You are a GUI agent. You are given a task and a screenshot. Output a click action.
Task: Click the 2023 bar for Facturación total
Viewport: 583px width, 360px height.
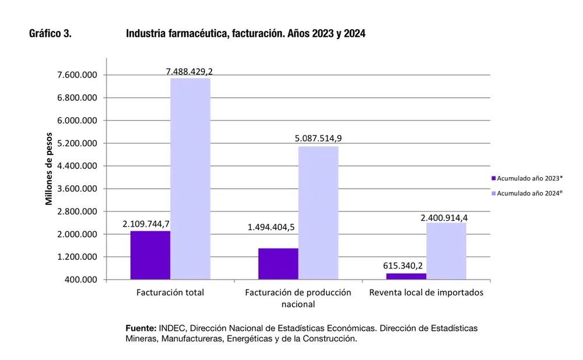[x=150, y=255]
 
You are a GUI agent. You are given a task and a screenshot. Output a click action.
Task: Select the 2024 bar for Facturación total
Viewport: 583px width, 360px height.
[x=190, y=178]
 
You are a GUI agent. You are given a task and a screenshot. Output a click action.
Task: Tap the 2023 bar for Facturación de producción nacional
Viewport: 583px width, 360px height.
[x=278, y=264]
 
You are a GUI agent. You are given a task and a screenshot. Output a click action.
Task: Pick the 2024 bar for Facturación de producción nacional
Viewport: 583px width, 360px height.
[x=318, y=213]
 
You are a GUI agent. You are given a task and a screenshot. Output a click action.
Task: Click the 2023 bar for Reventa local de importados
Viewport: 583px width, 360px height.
[x=406, y=276]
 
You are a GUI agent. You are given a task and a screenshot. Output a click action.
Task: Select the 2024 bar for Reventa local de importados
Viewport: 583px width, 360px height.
[x=446, y=251]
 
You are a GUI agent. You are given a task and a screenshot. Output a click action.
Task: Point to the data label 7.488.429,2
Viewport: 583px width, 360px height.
[x=189, y=71]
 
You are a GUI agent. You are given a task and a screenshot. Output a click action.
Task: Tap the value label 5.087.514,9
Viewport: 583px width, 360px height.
[x=318, y=139]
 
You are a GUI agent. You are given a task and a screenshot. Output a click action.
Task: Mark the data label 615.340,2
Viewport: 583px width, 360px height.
[x=403, y=266]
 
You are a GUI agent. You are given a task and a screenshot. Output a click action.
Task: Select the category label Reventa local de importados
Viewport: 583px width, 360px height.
[x=426, y=292]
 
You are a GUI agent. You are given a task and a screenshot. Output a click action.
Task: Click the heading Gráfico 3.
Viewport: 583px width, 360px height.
[x=50, y=34]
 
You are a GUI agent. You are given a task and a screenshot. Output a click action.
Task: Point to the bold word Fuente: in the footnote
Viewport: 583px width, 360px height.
[x=141, y=328]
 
